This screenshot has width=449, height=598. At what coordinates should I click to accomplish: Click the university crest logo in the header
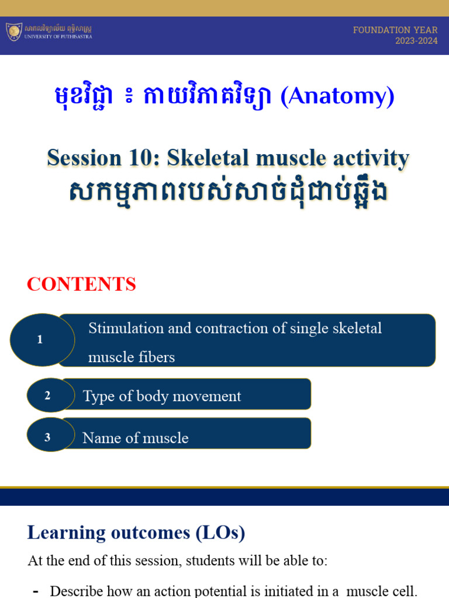pyautogui.click(x=14, y=32)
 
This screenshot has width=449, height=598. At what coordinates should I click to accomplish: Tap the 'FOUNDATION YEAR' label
pyautogui.click(x=395, y=30)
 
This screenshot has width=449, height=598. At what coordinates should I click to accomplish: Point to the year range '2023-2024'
pyautogui.click(x=416, y=41)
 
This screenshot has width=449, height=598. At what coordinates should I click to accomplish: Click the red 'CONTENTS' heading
pyautogui.click(x=81, y=284)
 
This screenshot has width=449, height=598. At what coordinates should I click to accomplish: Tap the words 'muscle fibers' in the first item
pyautogui.click(x=132, y=357)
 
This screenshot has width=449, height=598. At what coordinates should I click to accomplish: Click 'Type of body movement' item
pyautogui.click(x=162, y=396)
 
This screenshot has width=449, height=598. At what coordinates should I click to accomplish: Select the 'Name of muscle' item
pyautogui.click(x=136, y=438)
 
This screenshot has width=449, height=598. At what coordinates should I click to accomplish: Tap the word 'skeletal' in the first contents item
pyautogui.click(x=357, y=328)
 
